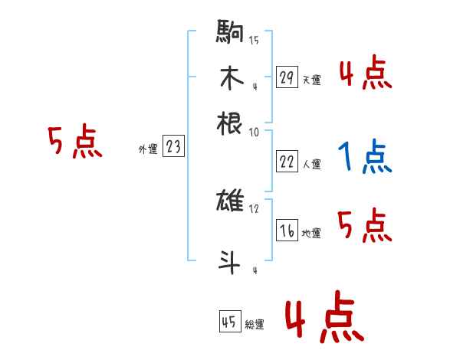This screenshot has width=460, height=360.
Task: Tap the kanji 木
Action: click(x=230, y=78)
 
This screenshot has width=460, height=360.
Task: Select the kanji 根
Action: click(x=230, y=123)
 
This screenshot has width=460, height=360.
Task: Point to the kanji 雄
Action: click(x=230, y=202)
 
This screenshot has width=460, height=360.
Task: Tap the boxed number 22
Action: click(x=287, y=162)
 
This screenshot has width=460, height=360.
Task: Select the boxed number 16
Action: click(x=287, y=231)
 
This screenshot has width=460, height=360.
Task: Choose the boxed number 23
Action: click(x=173, y=147)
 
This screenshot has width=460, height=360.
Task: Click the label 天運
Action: click(x=311, y=80)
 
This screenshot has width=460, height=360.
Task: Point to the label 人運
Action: click(x=311, y=164)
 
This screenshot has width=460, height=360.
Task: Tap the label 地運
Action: click(x=311, y=233)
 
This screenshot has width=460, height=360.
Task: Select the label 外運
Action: click(x=148, y=150)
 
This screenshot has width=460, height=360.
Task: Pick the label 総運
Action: click(x=254, y=325)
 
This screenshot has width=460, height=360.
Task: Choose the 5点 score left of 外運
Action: click(x=75, y=143)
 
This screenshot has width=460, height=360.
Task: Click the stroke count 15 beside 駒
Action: click(x=254, y=40)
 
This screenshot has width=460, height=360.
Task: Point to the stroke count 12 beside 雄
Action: click(x=254, y=208)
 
